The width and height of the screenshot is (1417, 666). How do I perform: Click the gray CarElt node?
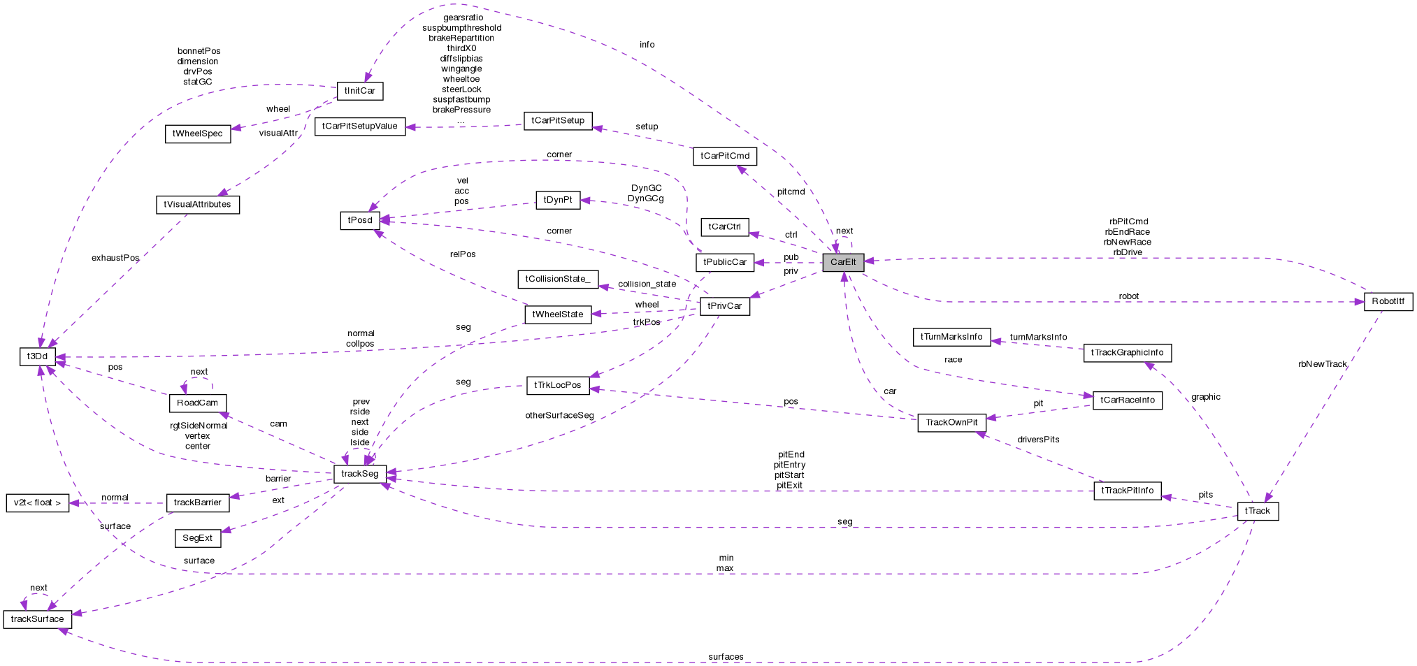tap(843, 262)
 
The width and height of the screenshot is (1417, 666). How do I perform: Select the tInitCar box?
tap(360, 91)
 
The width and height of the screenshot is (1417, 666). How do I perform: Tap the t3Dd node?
tap(37, 356)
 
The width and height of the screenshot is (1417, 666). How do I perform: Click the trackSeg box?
tap(360, 474)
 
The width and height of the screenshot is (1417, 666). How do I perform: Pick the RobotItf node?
tap(1388, 301)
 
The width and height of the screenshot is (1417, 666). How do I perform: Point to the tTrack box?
tap(1258, 511)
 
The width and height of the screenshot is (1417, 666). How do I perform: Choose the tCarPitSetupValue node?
tap(359, 126)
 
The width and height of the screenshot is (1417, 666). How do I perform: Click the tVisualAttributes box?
tap(197, 205)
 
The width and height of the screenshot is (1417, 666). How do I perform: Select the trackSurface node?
tap(37, 619)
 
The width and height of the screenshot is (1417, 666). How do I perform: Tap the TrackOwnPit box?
tap(951, 422)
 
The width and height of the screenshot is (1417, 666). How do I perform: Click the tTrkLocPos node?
tap(557, 385)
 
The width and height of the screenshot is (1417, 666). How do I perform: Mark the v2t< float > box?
tap(37, 502)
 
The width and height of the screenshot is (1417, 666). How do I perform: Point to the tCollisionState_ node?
tap(557, 279)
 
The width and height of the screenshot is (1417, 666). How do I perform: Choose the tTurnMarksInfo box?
tap(951, 337)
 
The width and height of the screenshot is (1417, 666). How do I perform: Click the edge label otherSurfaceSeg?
tap(559, 415)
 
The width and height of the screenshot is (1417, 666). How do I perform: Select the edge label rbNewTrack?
tap(1322, 364)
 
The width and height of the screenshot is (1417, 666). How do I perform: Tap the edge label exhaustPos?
tap(115, 258)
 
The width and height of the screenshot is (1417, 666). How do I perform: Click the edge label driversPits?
tap(1038, 440)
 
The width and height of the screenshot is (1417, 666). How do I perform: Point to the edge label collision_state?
tap(647, 284)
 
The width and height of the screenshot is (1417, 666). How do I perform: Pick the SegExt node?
tap(197, 538)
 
